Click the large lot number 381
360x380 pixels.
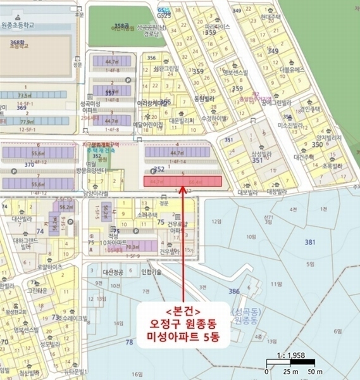tap(309, 242)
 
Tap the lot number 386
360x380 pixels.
tap(234, 291)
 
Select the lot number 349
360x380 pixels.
tap(273, 51)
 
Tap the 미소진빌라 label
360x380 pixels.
tap(287, 124)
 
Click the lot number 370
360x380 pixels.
tap(30, 165)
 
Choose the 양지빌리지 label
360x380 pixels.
tap(329, 137)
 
